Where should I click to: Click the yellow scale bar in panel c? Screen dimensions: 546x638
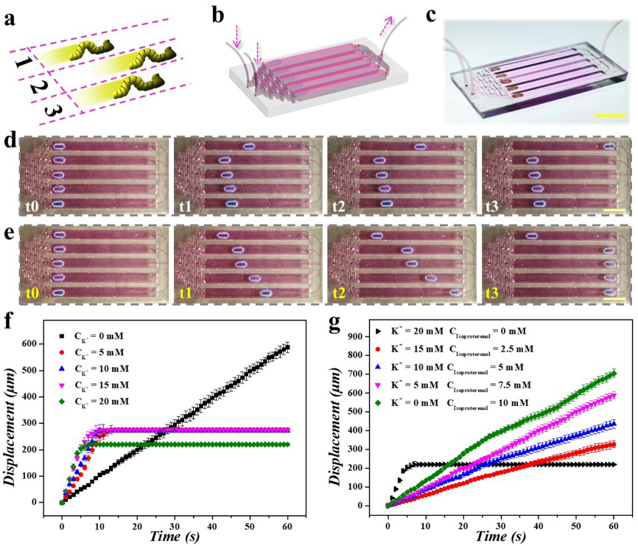coord(609,115)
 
